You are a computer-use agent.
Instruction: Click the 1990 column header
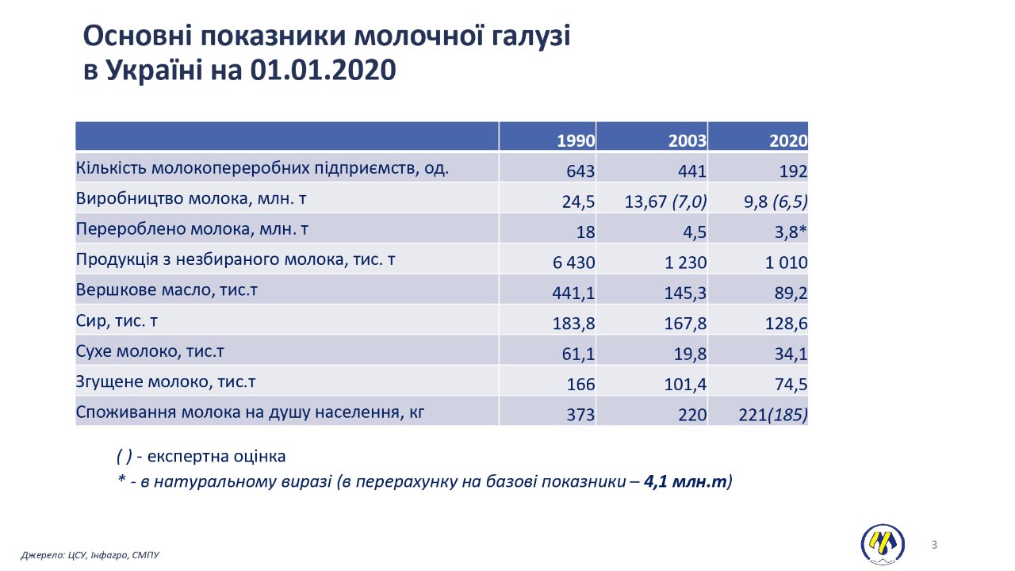(x=576, y=141)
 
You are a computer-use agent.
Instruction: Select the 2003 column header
(x=687, y=141)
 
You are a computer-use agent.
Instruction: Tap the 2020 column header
(x=788, y=141)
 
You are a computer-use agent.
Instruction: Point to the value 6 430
(x=573, y=263)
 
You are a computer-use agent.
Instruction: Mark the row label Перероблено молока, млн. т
(x=191, y=229)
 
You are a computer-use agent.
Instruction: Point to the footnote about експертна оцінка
(x=201, y=456)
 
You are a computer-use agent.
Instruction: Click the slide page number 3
(x=934, y=544)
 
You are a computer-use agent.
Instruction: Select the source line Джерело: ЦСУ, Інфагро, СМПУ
(x=90, y=555)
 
